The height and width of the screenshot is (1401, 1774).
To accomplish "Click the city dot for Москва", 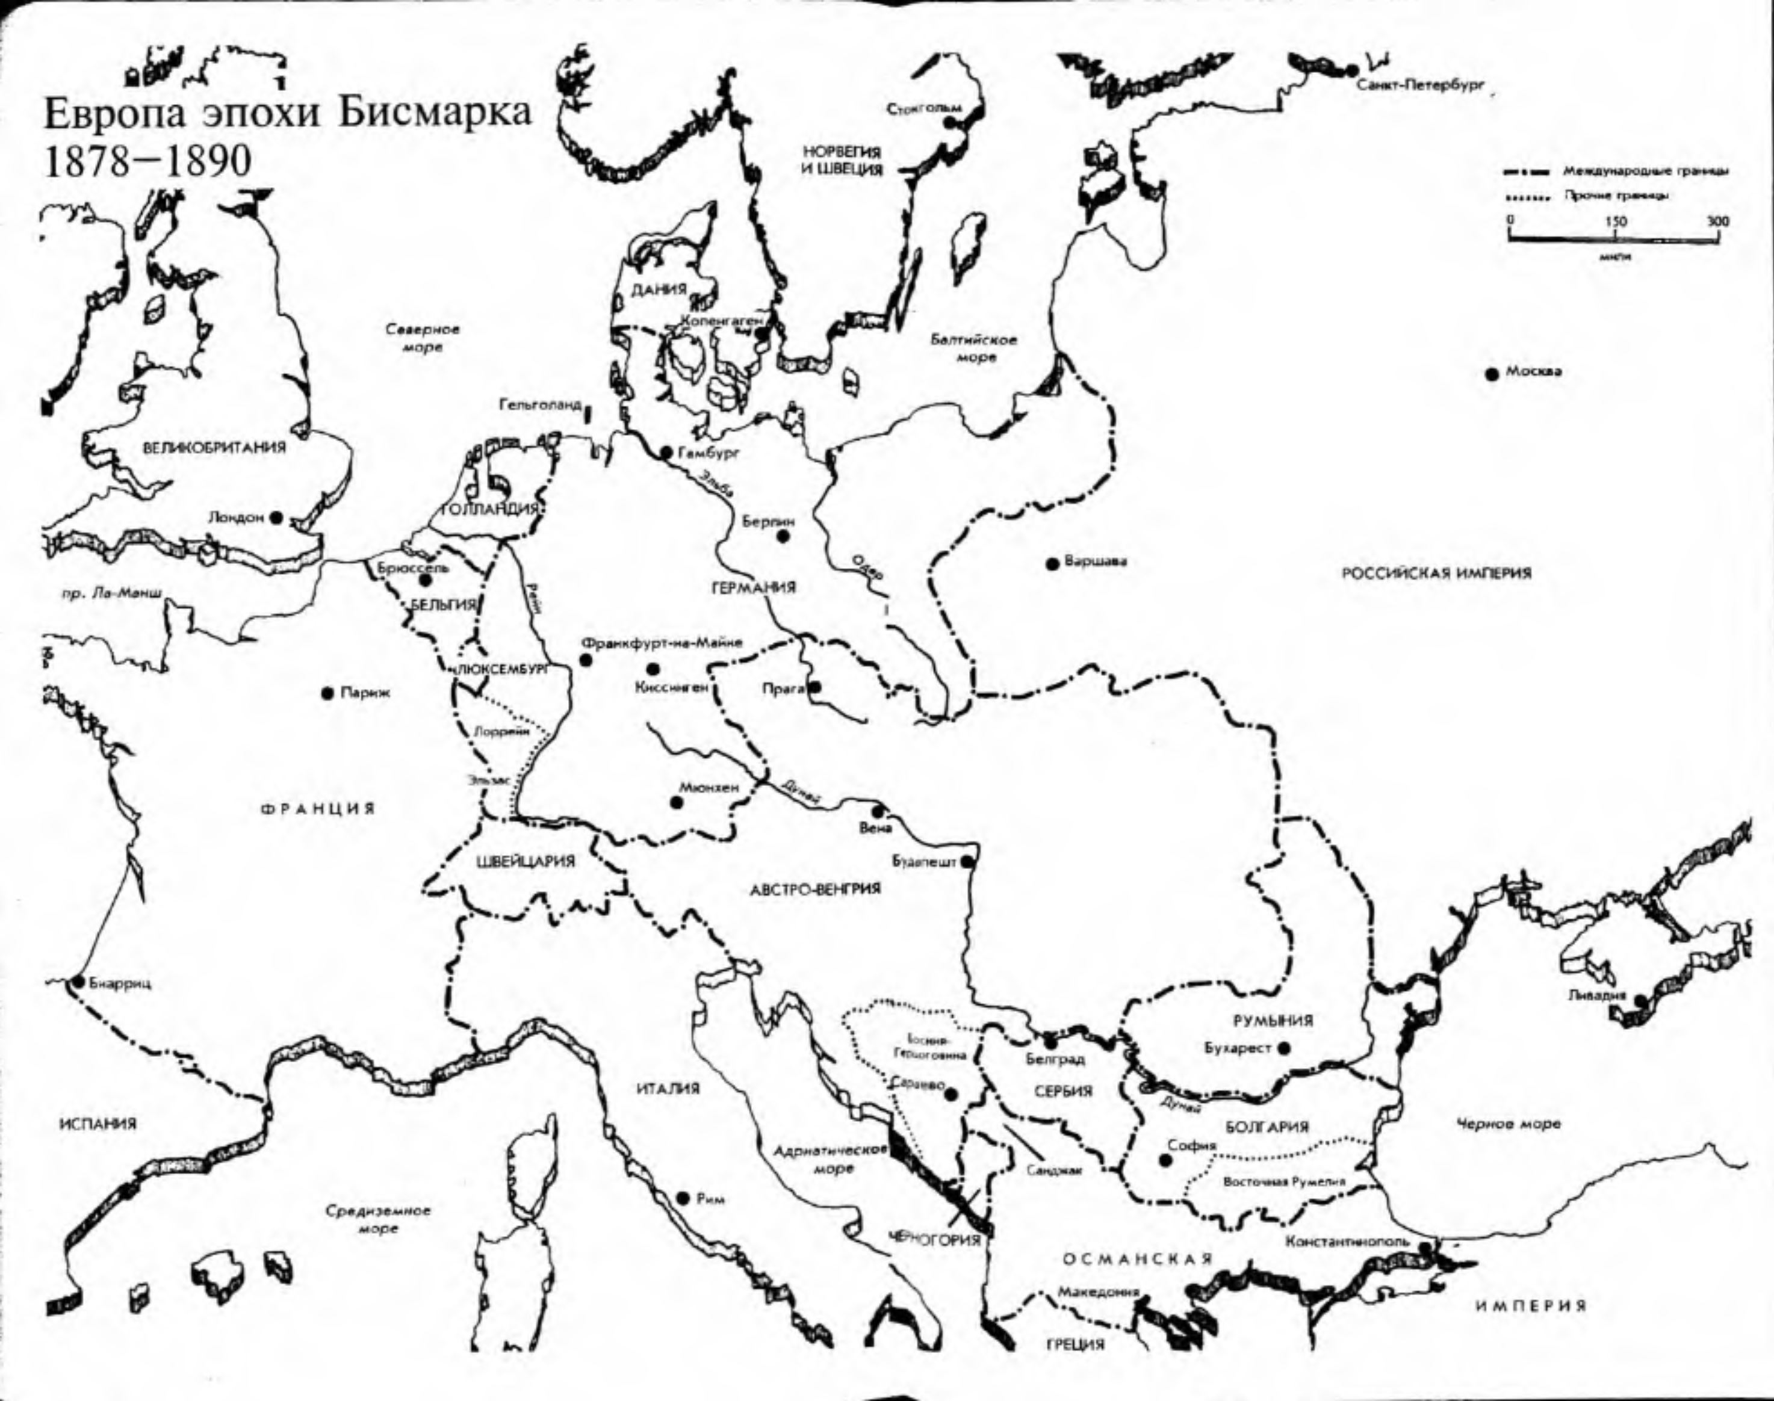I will tap(1492, 373).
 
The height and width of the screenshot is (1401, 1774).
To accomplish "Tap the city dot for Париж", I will tap(327, 694).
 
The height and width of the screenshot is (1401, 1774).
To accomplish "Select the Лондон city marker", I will tap(276, 518).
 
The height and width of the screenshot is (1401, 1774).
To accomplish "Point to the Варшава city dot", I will tap(1052, 563).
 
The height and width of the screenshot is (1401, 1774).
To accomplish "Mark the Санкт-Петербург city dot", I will tap(1350, 69).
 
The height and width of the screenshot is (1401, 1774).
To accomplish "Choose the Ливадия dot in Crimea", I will tap(1639, 1000).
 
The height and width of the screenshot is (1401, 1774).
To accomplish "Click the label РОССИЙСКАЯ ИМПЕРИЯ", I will tap(1436, 574).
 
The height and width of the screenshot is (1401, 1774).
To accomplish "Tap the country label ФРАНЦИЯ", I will tap(318, 809).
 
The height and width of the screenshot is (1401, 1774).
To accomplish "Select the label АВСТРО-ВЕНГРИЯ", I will tap(815, 888).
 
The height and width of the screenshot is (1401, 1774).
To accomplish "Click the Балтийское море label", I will tap(974, 348).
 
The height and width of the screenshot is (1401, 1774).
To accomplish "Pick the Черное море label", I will tap(1508, 1124).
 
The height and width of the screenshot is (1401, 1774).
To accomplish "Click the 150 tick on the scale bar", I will tap(1615, 221).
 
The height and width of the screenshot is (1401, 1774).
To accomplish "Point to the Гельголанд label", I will tap(540, 405).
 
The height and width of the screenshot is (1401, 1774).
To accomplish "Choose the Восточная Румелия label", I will tap(1284, 1182).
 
